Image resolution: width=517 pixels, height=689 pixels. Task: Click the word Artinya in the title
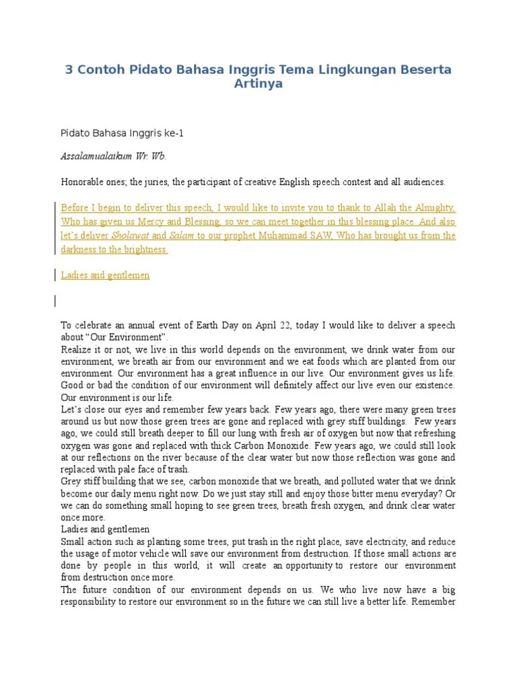[258, 84]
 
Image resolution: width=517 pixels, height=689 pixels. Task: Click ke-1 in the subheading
[173, 133]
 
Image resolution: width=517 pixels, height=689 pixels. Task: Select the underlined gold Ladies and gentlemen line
[105, 275]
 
